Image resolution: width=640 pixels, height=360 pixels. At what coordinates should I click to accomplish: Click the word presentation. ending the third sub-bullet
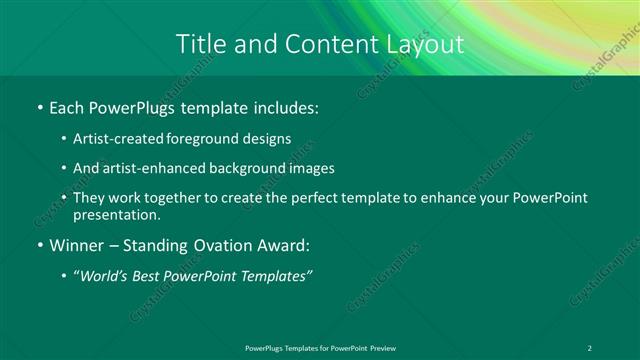coord(116,215)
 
